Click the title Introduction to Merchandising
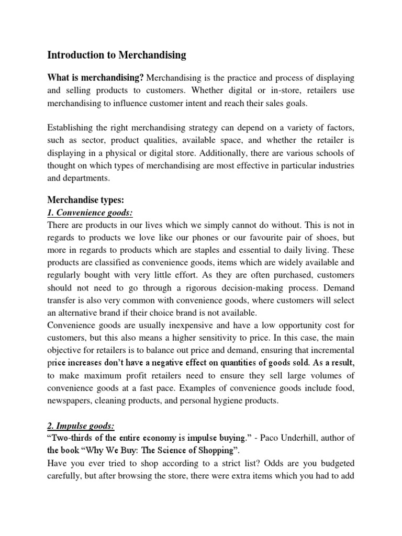(x=117, y=54)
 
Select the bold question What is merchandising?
(x=96, y=78)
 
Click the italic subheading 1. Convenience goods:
(x=90, y=213)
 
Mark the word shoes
(x=326, y=238)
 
